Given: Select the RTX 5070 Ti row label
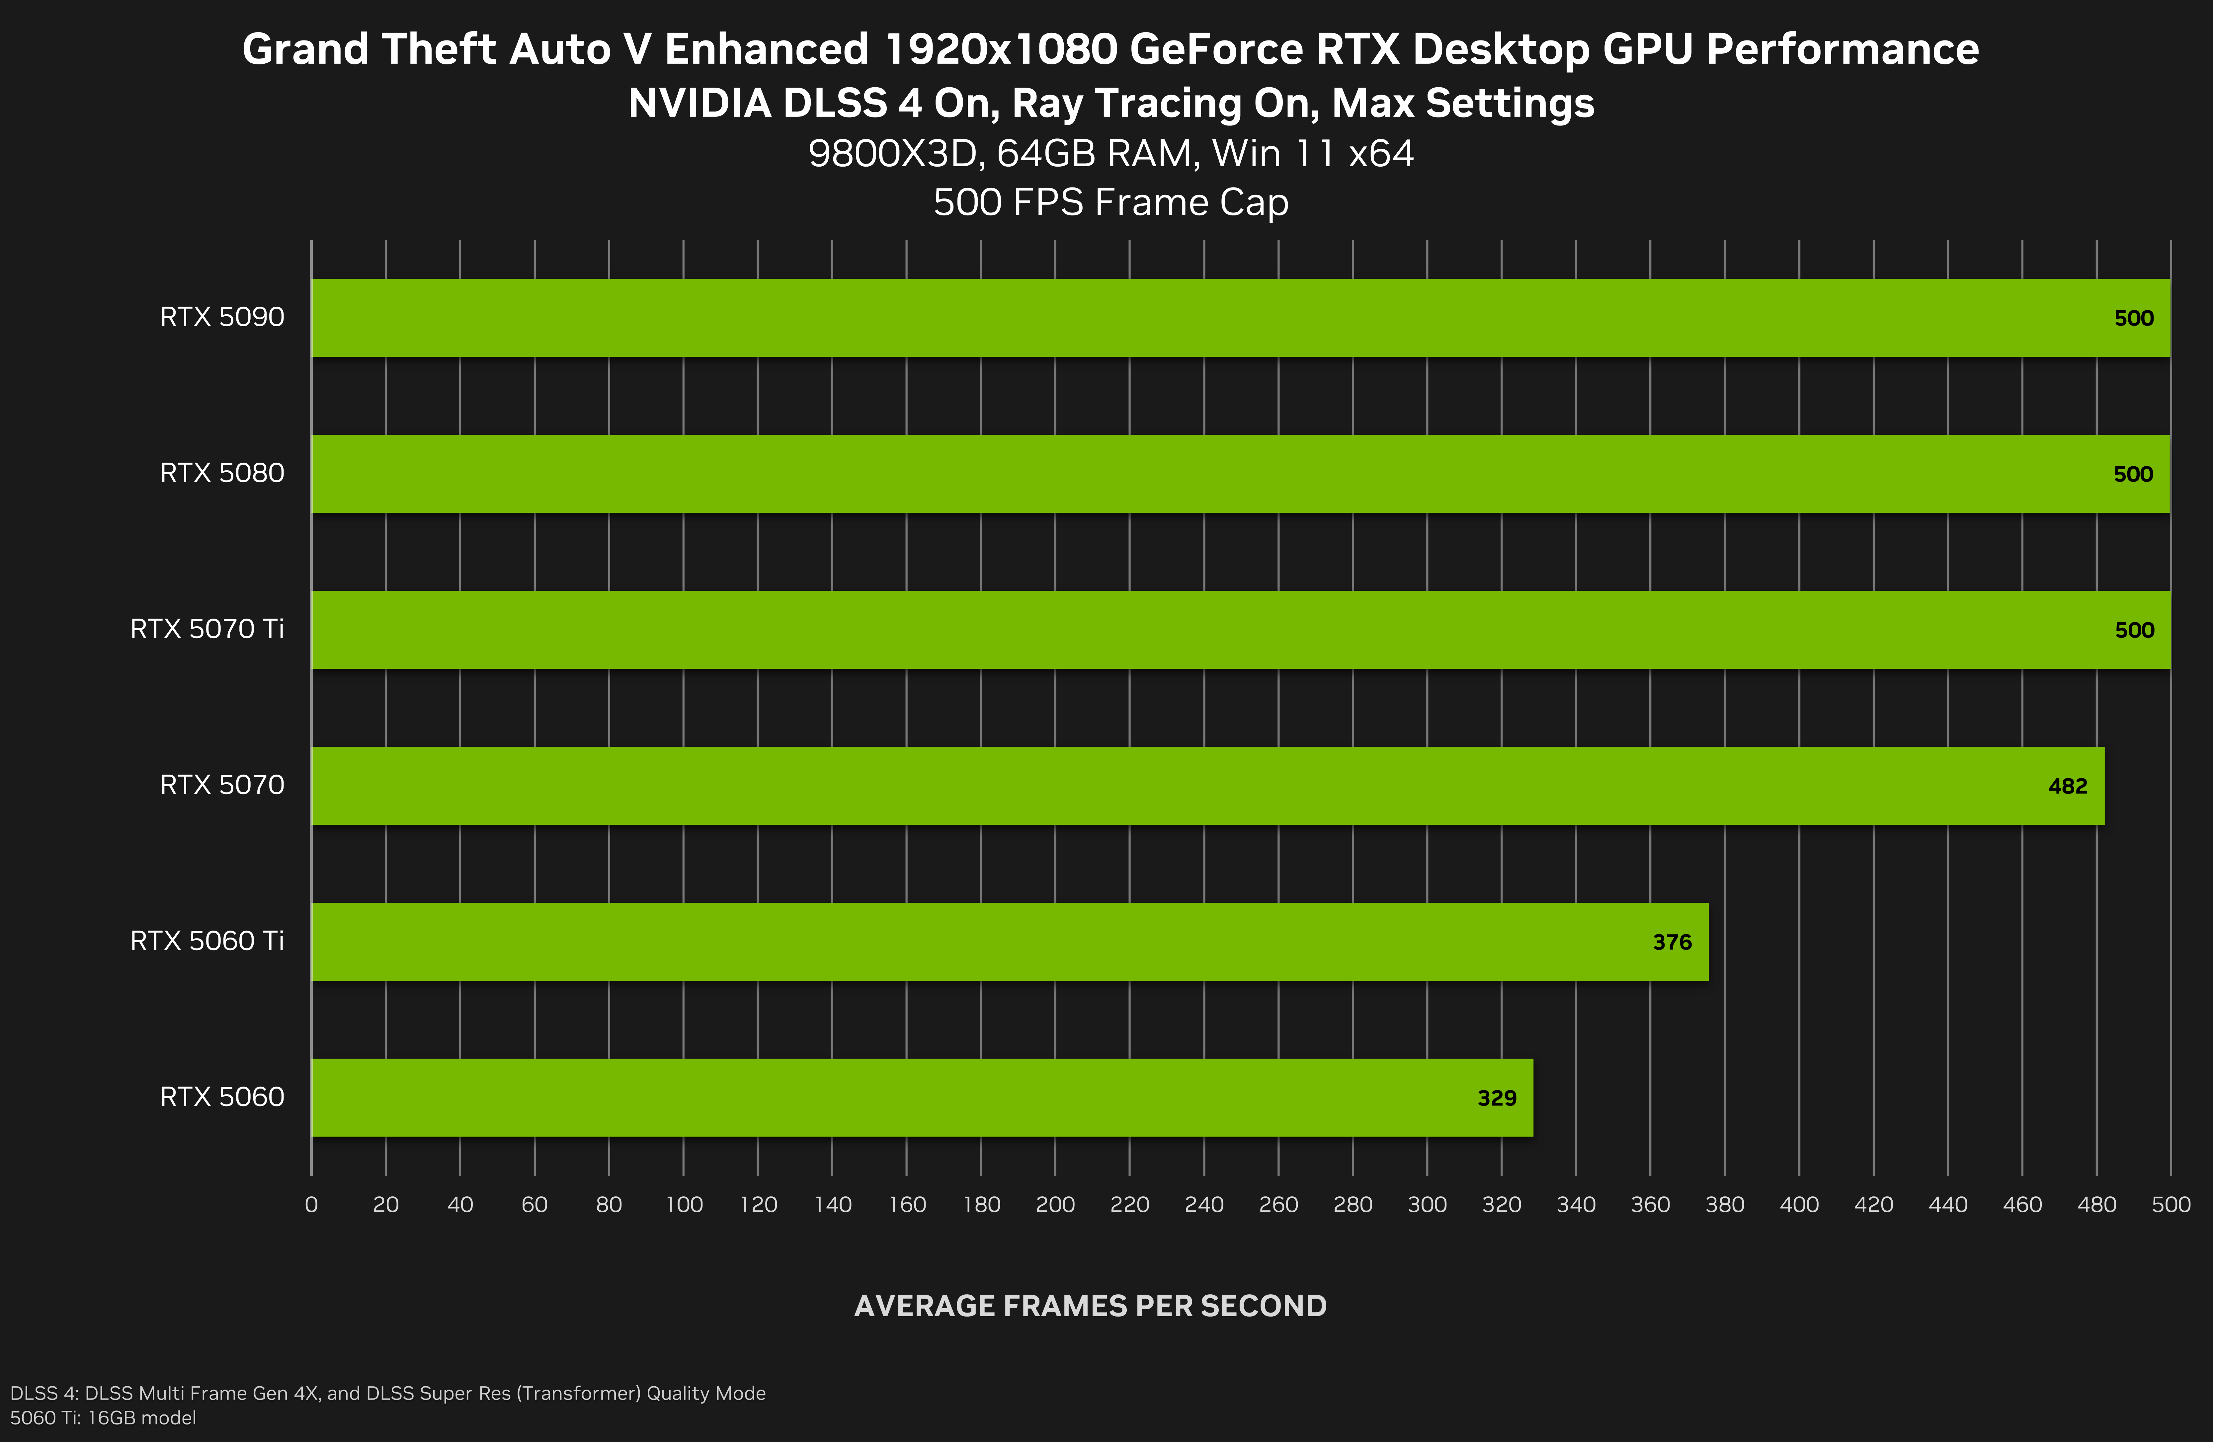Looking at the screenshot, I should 206,630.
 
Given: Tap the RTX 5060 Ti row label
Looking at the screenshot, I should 206,941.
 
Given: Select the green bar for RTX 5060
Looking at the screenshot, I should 921,1097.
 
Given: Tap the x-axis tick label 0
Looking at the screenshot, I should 311,1205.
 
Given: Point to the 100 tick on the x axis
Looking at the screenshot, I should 684,1205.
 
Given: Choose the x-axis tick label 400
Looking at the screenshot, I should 1798,1205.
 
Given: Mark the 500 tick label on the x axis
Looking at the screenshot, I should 2170,1205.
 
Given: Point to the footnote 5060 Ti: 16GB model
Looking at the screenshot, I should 103,1418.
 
